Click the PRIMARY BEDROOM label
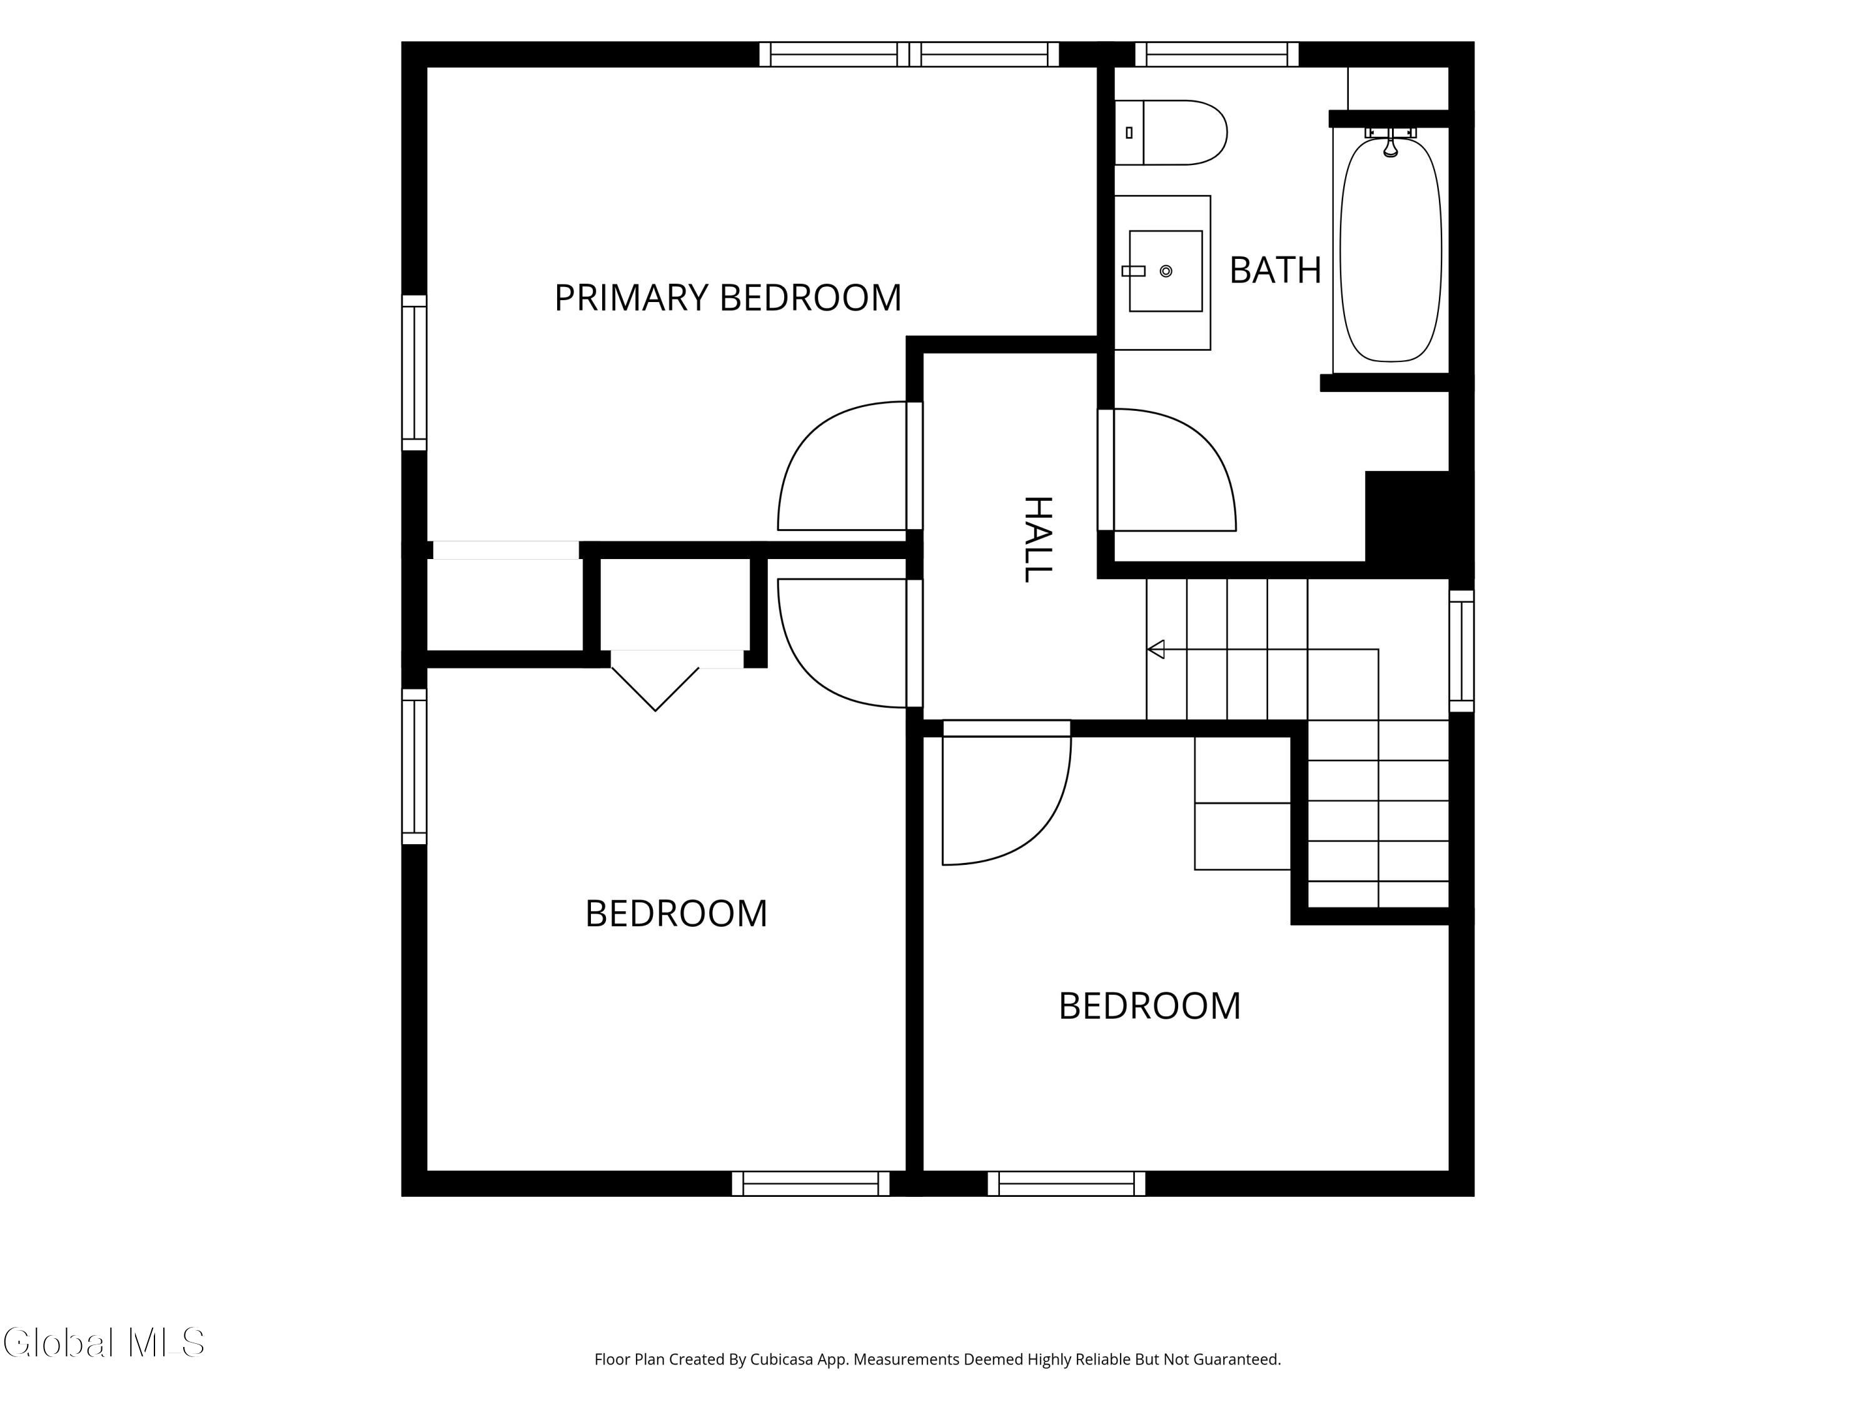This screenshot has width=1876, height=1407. click(728, 298)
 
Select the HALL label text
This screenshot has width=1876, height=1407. click(1037, 540)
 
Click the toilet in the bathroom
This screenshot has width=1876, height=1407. click(1171, 133)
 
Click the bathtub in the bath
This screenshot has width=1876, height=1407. click(1390, 250)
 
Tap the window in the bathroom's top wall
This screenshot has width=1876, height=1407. click(1217, 54)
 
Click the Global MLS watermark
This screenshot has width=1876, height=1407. click(103, 1343)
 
